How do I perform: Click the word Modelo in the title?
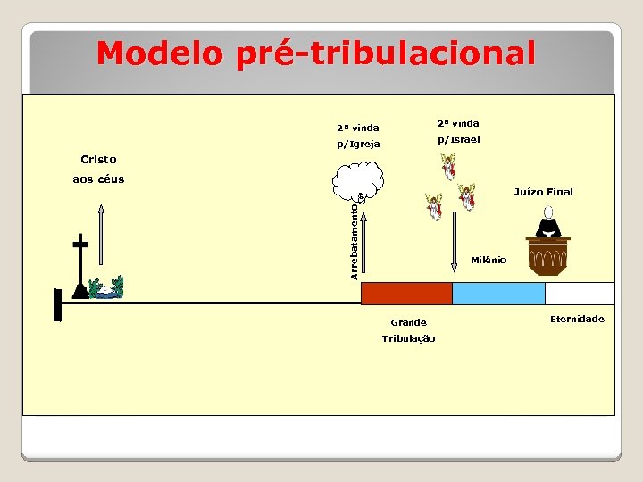coord(161,54)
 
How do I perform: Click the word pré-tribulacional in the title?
coord(386,54)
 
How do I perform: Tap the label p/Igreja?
coord(358,144)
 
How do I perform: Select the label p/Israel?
coord(458,139)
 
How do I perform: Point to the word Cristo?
coord(98,160)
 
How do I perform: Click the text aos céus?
coord(98,179)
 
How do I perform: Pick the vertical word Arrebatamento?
coord(355,240)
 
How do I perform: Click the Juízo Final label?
coord(543,192)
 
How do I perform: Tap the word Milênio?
coord(489,260)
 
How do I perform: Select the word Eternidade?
coord(577,319)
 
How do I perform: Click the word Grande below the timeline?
coord(408,322)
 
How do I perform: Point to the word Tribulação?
coord(408,338)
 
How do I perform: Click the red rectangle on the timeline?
coord(405,294)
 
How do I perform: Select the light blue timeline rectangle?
coord(498,294)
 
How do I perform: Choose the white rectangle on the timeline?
coord(579,294)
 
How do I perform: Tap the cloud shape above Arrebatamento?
coord(358,179)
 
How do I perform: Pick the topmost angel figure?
coord(448,166)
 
